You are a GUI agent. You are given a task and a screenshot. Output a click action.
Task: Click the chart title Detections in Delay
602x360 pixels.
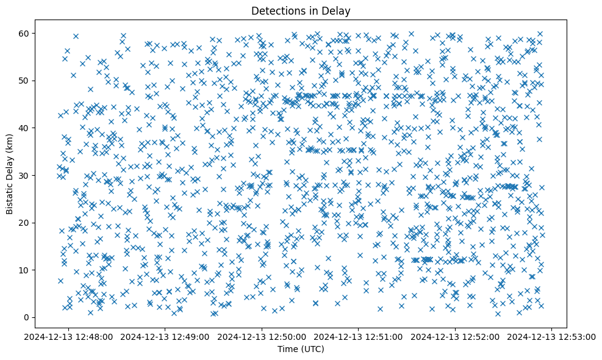click(x=301, y=10)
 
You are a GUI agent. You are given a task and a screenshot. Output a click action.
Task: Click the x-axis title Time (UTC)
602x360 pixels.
click(x=301, y=349)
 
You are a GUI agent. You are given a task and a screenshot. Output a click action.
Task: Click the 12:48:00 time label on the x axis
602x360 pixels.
click(x=69, y=336)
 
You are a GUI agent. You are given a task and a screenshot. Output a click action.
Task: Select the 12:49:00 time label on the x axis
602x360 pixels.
click(x=165, y=336)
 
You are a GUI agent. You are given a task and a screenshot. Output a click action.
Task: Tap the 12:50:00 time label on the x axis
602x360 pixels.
click(x=262, y=336)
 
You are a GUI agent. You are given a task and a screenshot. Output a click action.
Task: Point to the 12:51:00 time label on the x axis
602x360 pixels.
click(x=359, y=336)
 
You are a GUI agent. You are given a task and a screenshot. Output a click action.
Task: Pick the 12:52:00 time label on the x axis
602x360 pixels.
click(x=455, y=336)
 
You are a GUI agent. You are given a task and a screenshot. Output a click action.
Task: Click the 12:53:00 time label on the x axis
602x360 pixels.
click(x=552, y=336)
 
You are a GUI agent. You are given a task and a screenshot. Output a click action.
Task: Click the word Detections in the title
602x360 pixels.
click(x=275, y=10)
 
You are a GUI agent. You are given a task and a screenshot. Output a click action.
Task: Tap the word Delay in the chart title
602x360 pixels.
click(x=338, y=10)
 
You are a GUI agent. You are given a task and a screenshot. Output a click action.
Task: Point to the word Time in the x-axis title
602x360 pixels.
click(x=287, y=349)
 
